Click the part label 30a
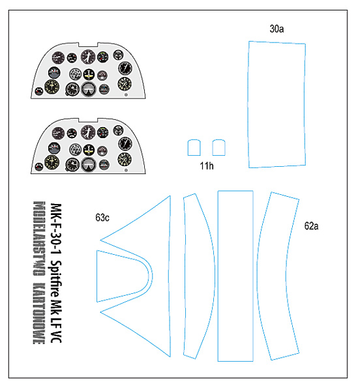277,29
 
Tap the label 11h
207,166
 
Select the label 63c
102,218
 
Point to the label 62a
311,226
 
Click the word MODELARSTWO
39,238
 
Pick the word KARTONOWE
39,313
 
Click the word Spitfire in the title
57,278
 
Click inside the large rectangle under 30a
277,104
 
